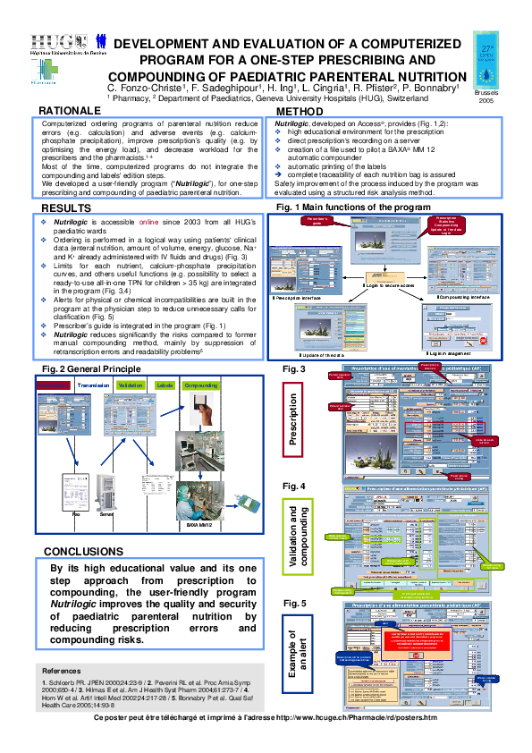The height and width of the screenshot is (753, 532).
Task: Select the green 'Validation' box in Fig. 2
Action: click(x=131, y=385)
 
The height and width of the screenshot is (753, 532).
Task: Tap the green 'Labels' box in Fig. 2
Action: click(x=165, y=385)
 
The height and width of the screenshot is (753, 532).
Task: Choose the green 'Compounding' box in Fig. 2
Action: click(x=201, y=385)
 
